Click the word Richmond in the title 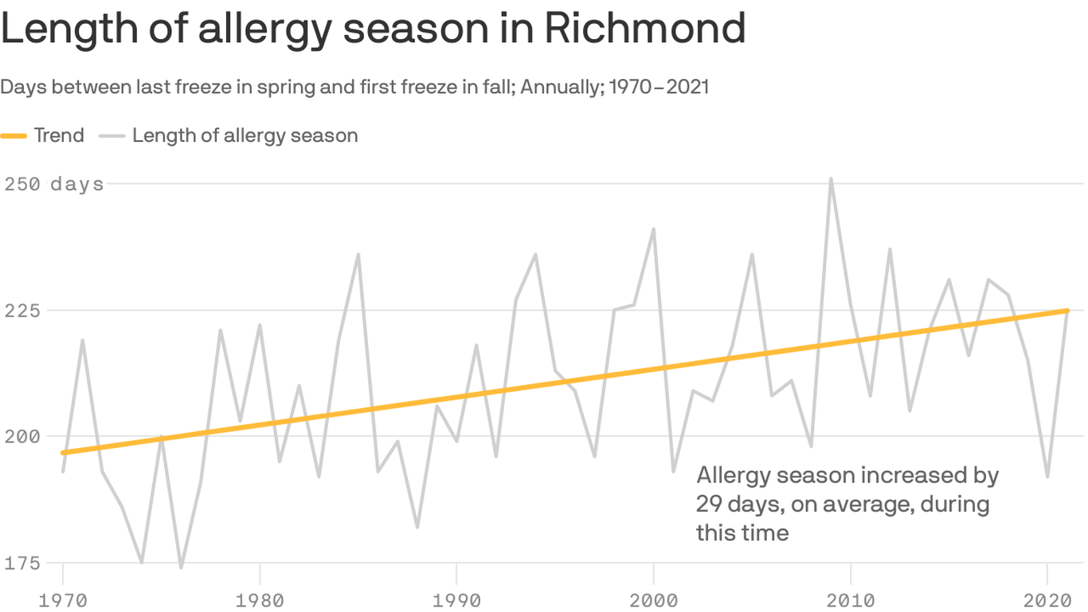tap(645, 29)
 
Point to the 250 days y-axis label tap(54, 184)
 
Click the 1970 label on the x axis tap(63, 598)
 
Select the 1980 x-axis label tap(260, 598)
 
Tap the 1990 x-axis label tap(456, 598)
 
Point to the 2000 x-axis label tap(653, 598)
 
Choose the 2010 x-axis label tap(850, 598)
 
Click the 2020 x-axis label tap(1047, 598)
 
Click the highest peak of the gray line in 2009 tap(831, 178)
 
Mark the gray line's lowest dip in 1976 tap(181, 567)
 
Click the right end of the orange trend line tap(1066, 311)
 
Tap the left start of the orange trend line tap(64, 453)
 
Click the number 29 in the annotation tap(708, 504)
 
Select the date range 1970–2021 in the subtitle tap(659, 87)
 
